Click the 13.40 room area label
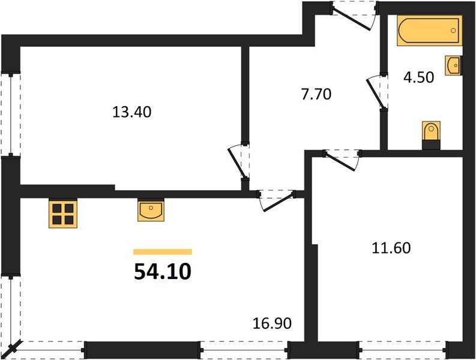pos(128,112)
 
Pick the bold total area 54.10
pos(163,272)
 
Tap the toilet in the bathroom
pos(431,134)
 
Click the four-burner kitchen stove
pos(62,213)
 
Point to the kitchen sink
pos(151,210)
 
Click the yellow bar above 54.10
pos(163,252)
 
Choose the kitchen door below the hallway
pos(276,199)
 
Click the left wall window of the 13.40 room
pos(10,113)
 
